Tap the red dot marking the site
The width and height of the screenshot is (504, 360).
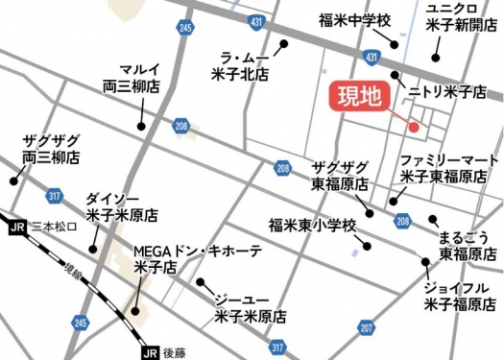414,127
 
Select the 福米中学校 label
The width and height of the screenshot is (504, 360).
356,19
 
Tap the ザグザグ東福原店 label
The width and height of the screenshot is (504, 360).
341,175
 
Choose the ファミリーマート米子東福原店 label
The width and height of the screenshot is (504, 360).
448,168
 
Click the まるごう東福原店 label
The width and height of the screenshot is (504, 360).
466,245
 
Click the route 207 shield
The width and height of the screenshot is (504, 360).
366,328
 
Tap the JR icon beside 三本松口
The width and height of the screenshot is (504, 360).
15,227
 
